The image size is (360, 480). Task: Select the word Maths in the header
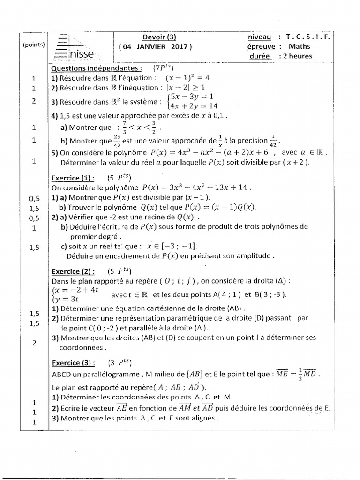300,46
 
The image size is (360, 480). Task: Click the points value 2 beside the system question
34,101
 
